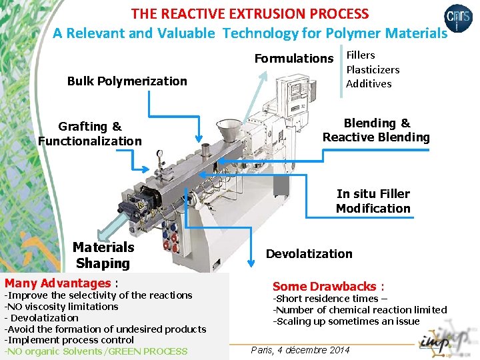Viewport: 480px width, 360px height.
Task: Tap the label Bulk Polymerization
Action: (127, 81)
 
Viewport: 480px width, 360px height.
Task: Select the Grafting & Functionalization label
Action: (90, 133)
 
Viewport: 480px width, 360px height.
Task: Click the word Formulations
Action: (293, 59)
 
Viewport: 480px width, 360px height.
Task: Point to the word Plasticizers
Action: (373, 69)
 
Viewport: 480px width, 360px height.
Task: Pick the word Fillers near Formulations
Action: (360, 55)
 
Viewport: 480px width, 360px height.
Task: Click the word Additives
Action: (369, 83)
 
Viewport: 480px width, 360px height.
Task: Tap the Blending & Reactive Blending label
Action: (376, 130)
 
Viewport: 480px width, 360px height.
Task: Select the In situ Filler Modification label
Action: (373, 201)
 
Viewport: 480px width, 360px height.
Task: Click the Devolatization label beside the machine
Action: (309, 254)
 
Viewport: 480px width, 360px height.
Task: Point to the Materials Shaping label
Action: (103, 255)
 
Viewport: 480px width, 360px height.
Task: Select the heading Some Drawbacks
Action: (328, 286)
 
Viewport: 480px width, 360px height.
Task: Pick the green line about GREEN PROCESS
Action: (97, 351)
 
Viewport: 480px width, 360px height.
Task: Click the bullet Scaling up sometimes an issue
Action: (347, 321)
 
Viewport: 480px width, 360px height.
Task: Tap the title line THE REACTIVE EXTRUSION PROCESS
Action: (250, 13)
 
